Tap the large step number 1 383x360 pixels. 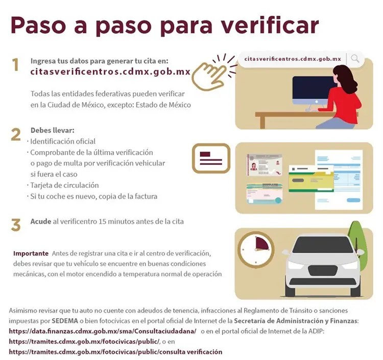pyautogui.click(x=16, y=65)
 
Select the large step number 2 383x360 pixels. pyautogui.click(x=16, y=135)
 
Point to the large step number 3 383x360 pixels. pyautogui.click(x=16, y=225)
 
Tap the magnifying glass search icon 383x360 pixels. pyautogui.click(x=355, y=59)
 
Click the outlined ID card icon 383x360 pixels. pyautogui.click(x=211, y=158)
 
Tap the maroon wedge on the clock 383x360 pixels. pyautogui.click(x=261, y=244)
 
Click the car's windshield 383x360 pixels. pyautogui.click(x=323, y=245)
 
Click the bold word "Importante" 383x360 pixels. pyautogui.click(x=31, y=253)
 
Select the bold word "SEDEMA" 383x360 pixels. pyautogui.click(x=65, y=321)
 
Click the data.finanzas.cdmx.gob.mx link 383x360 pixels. pyautogui.click(x=103, y=331)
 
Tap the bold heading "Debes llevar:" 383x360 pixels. pyautogui.click(x=52, y=130)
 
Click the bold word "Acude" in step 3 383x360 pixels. pyautogui.click(x=41, y=222)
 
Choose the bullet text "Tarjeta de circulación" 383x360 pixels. pyautogui.click(x=64, y=185)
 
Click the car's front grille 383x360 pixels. pyautogui.click(x=322, y=271)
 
